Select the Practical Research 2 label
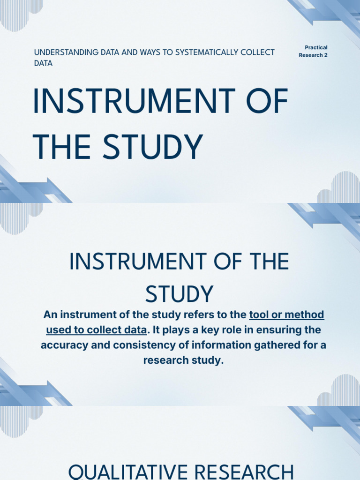point(313,52)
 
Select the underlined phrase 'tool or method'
point(287,315)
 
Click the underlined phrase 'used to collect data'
point(97,330)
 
